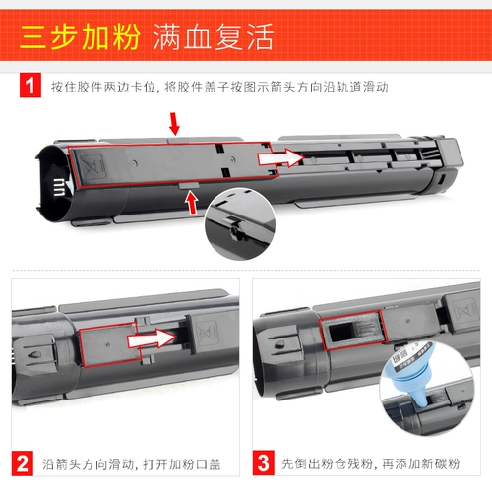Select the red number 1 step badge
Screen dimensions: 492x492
tap(30, 87)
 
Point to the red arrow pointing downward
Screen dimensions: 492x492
tap(175, 122)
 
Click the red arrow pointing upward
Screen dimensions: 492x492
tap(189, 202)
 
